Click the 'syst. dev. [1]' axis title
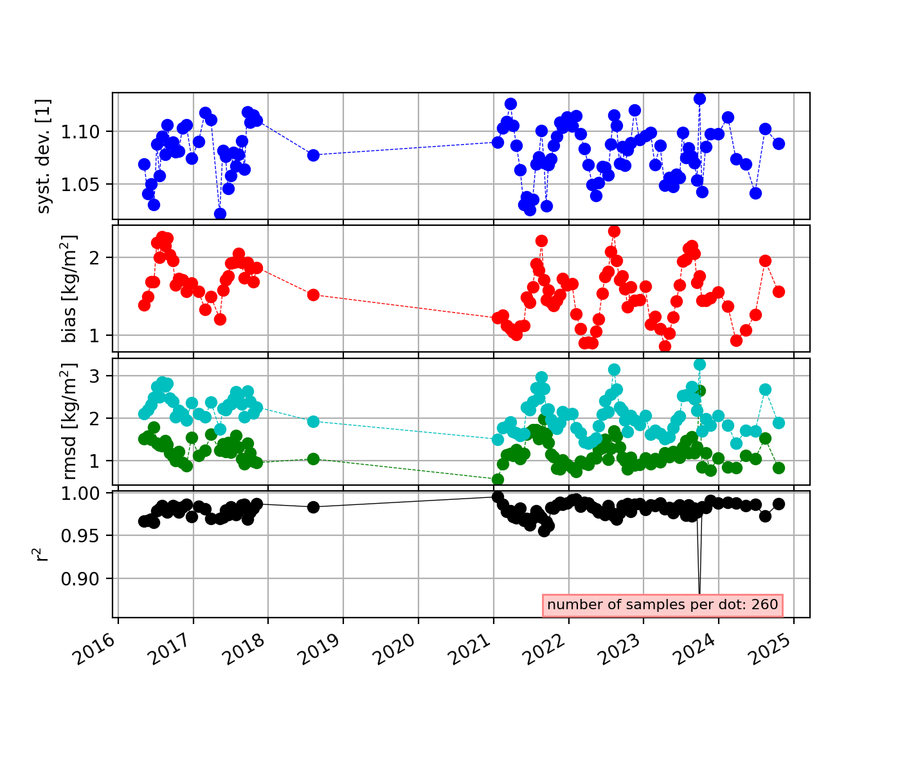tap(44, 156)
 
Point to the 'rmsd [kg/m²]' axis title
tap(69, 421)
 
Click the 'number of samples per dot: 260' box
tap(663, 605)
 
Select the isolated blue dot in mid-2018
tap(313, 155)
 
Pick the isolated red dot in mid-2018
tap(313, 295)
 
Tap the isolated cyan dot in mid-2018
tap(313, 421)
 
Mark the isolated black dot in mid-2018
tap(313, 507)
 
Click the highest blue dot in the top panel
tap(699, 98)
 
